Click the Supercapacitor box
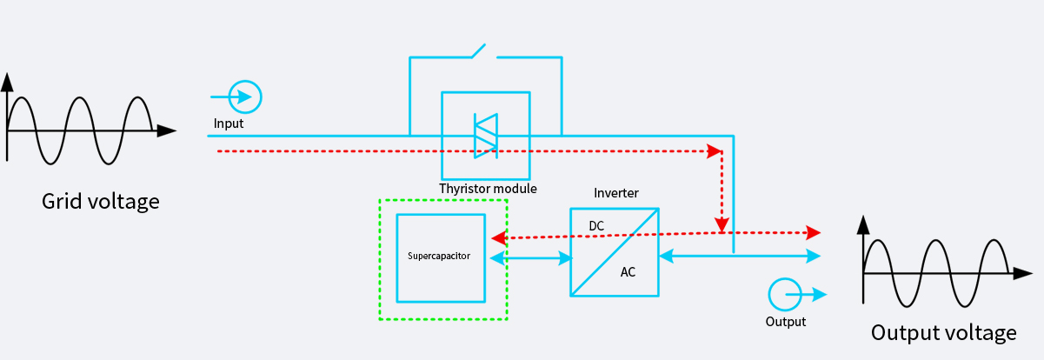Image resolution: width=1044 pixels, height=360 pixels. (441, 257)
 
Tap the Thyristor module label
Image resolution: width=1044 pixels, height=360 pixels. (488, 189)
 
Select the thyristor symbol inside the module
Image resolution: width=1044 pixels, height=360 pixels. (485, 136)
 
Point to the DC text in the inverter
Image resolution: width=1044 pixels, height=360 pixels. (596, 226)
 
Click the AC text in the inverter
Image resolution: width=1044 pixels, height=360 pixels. (628, 272)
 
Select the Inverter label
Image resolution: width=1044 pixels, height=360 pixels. (616, 193)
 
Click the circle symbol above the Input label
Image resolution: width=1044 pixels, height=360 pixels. (245, 97)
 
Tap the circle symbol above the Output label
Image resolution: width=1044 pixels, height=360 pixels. (785, 295)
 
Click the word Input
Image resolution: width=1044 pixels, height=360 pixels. (229, 123)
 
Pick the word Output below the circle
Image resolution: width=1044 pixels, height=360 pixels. (785, 322)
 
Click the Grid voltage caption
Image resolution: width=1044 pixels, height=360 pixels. (101, 202)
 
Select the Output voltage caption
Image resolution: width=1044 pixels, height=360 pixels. (943, 333)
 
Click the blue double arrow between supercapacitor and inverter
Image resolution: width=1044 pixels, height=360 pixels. (531, 257)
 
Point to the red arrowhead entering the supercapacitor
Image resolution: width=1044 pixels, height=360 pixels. (498, 237)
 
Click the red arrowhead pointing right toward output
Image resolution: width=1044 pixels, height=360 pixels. (814, 232)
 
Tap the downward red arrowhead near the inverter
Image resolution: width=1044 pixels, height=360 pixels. (721, 225)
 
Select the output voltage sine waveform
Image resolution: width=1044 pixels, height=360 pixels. (935, 273)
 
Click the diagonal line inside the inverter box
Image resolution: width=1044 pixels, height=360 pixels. (614, 252)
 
